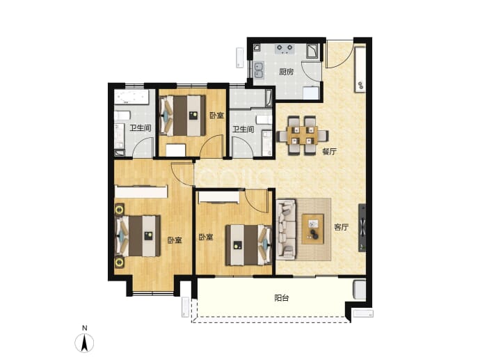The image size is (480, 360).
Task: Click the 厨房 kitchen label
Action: [286, 72]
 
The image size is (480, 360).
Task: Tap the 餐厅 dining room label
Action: [329, 151]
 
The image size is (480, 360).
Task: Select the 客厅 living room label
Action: [342, 227]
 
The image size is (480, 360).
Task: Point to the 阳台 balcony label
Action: [281, 297]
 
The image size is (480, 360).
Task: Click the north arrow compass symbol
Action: [84, 343]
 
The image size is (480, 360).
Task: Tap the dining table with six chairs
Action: [303, 135]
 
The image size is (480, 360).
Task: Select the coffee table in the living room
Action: [312, 229]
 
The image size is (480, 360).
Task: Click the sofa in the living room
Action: [286, 229]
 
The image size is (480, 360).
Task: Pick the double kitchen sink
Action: [259, 70]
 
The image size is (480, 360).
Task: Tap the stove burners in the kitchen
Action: [285, 49]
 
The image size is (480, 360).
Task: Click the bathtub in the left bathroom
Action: [131, 97]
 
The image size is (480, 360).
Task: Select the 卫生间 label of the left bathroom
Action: [141, 127]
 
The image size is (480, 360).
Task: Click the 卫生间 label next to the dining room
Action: [243, 130]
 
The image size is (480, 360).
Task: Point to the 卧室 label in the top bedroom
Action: [217, 116]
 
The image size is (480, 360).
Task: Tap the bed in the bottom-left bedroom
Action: [138, 235]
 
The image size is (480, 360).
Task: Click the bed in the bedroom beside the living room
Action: [248, 245]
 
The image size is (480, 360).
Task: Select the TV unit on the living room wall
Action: [362, 228]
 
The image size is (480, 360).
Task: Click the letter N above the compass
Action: [85, 328]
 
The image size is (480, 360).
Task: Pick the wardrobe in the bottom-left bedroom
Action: [141, 191]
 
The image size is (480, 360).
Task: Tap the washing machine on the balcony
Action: [360, 290]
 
